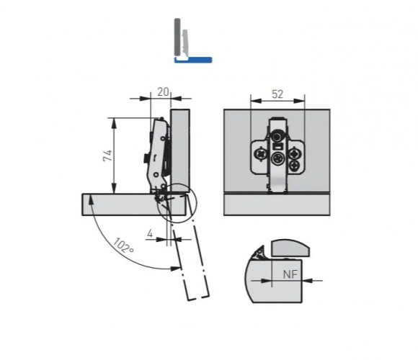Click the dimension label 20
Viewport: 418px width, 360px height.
coord(163,92)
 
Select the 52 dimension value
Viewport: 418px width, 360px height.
coord(277,94)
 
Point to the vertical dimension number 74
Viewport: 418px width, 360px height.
coord(107,156)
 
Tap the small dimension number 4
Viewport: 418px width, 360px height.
coord(150,233)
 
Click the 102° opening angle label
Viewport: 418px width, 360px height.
coord(124,246)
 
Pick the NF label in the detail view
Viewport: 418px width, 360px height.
coord(290,274)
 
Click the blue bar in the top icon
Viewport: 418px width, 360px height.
coord(193,60)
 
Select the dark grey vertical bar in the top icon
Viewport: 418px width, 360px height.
coord(177,37)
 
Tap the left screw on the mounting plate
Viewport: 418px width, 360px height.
coord(260,155)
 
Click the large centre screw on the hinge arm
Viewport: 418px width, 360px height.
coord(278,158)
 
